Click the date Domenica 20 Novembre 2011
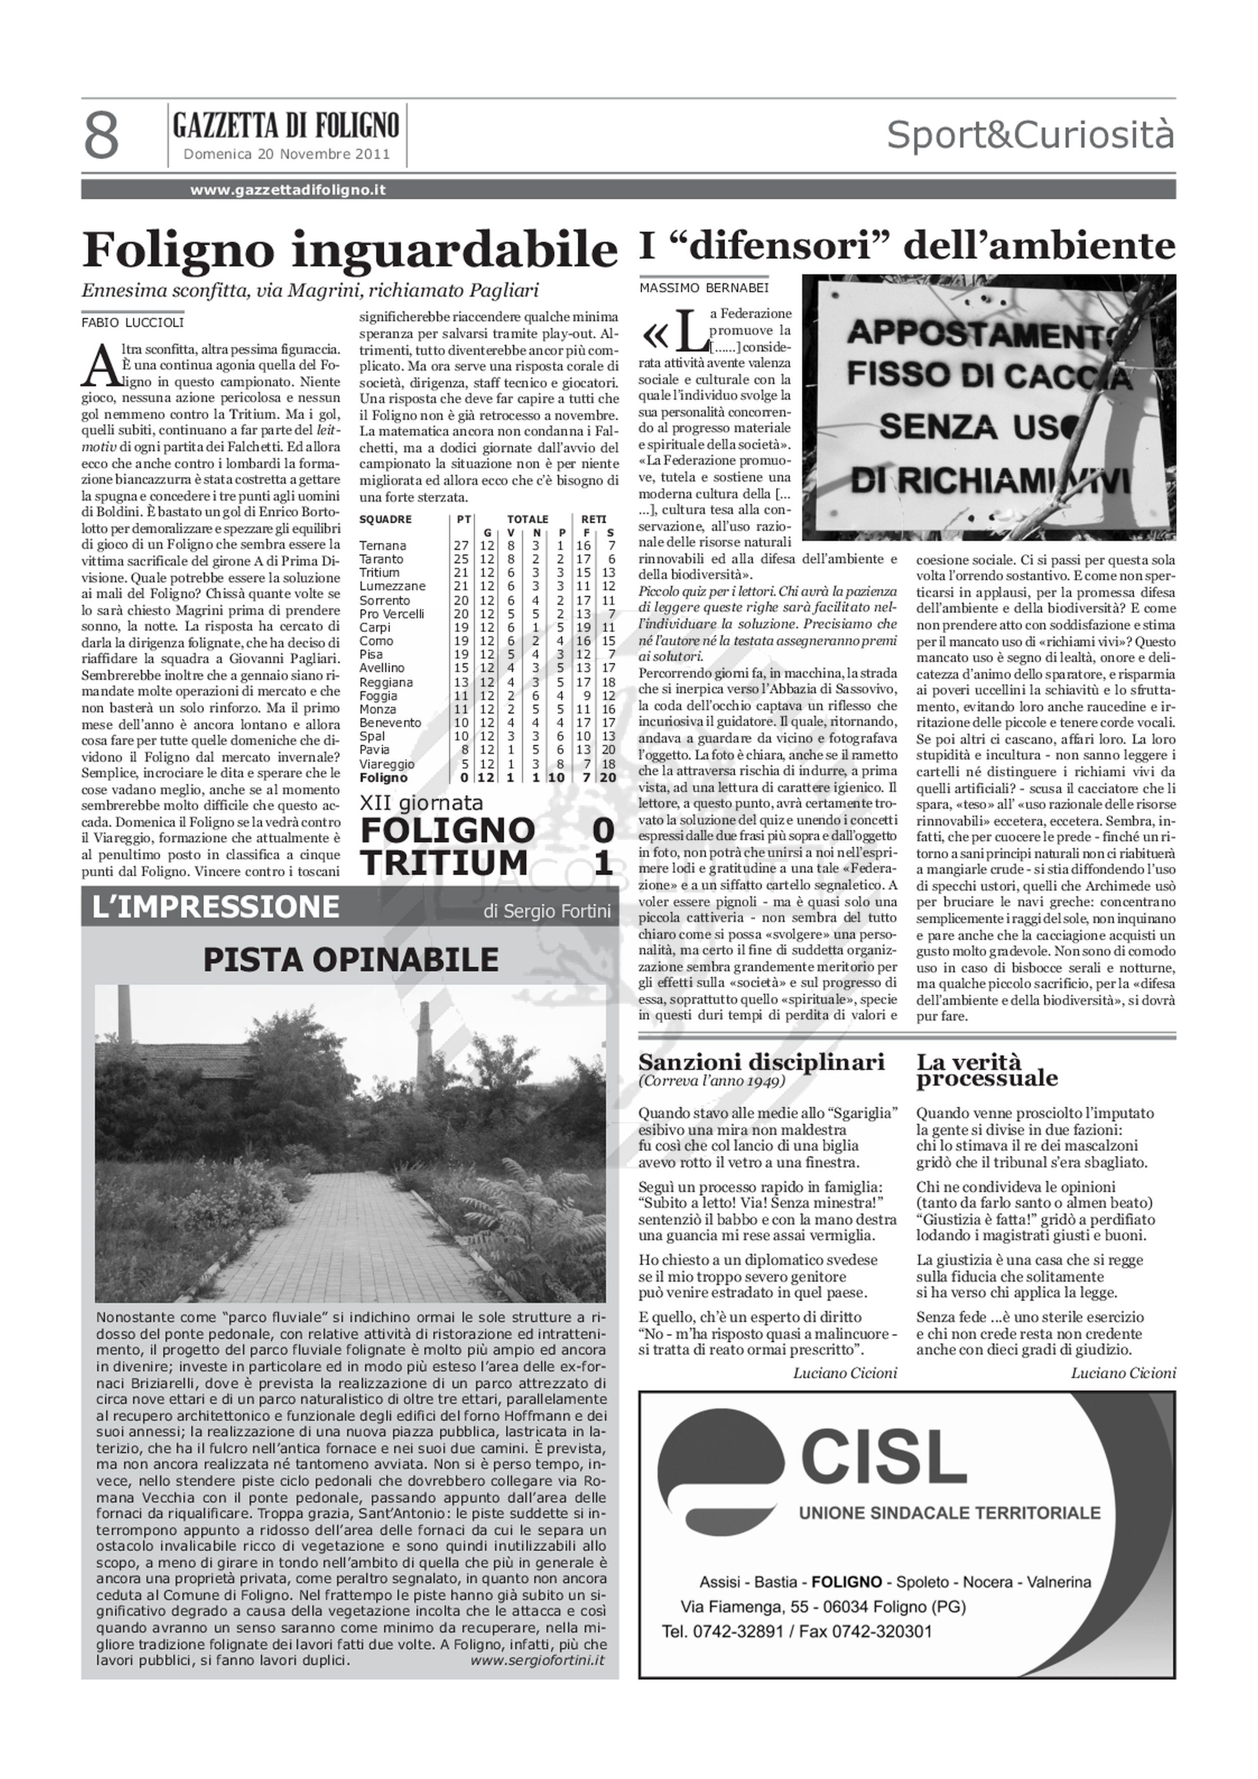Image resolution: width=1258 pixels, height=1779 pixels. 287,154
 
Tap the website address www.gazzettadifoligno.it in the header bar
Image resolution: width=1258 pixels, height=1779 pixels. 288,190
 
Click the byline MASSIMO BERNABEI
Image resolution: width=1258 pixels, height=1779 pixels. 704,288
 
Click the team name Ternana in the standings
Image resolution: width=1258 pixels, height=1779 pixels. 382,546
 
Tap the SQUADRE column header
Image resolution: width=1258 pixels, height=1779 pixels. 385,519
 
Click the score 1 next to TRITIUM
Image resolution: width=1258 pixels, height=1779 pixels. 603,863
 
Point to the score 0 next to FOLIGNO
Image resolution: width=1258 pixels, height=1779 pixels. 603,830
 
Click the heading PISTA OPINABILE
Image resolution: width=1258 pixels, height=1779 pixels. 350,959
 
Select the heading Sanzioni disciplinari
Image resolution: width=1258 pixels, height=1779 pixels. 761,1061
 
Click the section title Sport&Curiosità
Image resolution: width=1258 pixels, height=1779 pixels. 1030,135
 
